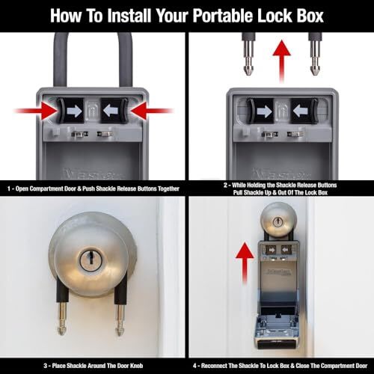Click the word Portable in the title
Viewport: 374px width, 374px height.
click(x=223, y=16)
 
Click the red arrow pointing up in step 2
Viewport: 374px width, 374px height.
click(x=282, y=61)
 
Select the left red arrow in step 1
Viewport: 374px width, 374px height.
click(x=37, y=111)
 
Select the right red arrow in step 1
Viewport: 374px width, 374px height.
click(x=152, y=111)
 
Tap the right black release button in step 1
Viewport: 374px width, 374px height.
click(x=114, y=111)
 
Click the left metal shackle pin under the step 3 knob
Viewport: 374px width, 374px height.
click(x=62, y=319)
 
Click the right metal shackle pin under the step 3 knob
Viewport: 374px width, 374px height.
click(x=120, y=319)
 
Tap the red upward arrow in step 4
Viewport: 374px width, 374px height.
click(x=245, y=263)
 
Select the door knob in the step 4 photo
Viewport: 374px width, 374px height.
click(x=278, y=220)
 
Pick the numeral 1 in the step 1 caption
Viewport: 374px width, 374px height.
click(x=9, y=189)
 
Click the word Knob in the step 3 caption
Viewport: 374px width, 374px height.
click(x=136, y=366)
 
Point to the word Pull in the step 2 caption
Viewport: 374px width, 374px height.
click(x=238, y=192)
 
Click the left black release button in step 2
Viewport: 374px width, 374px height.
click(x=260, y=111)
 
